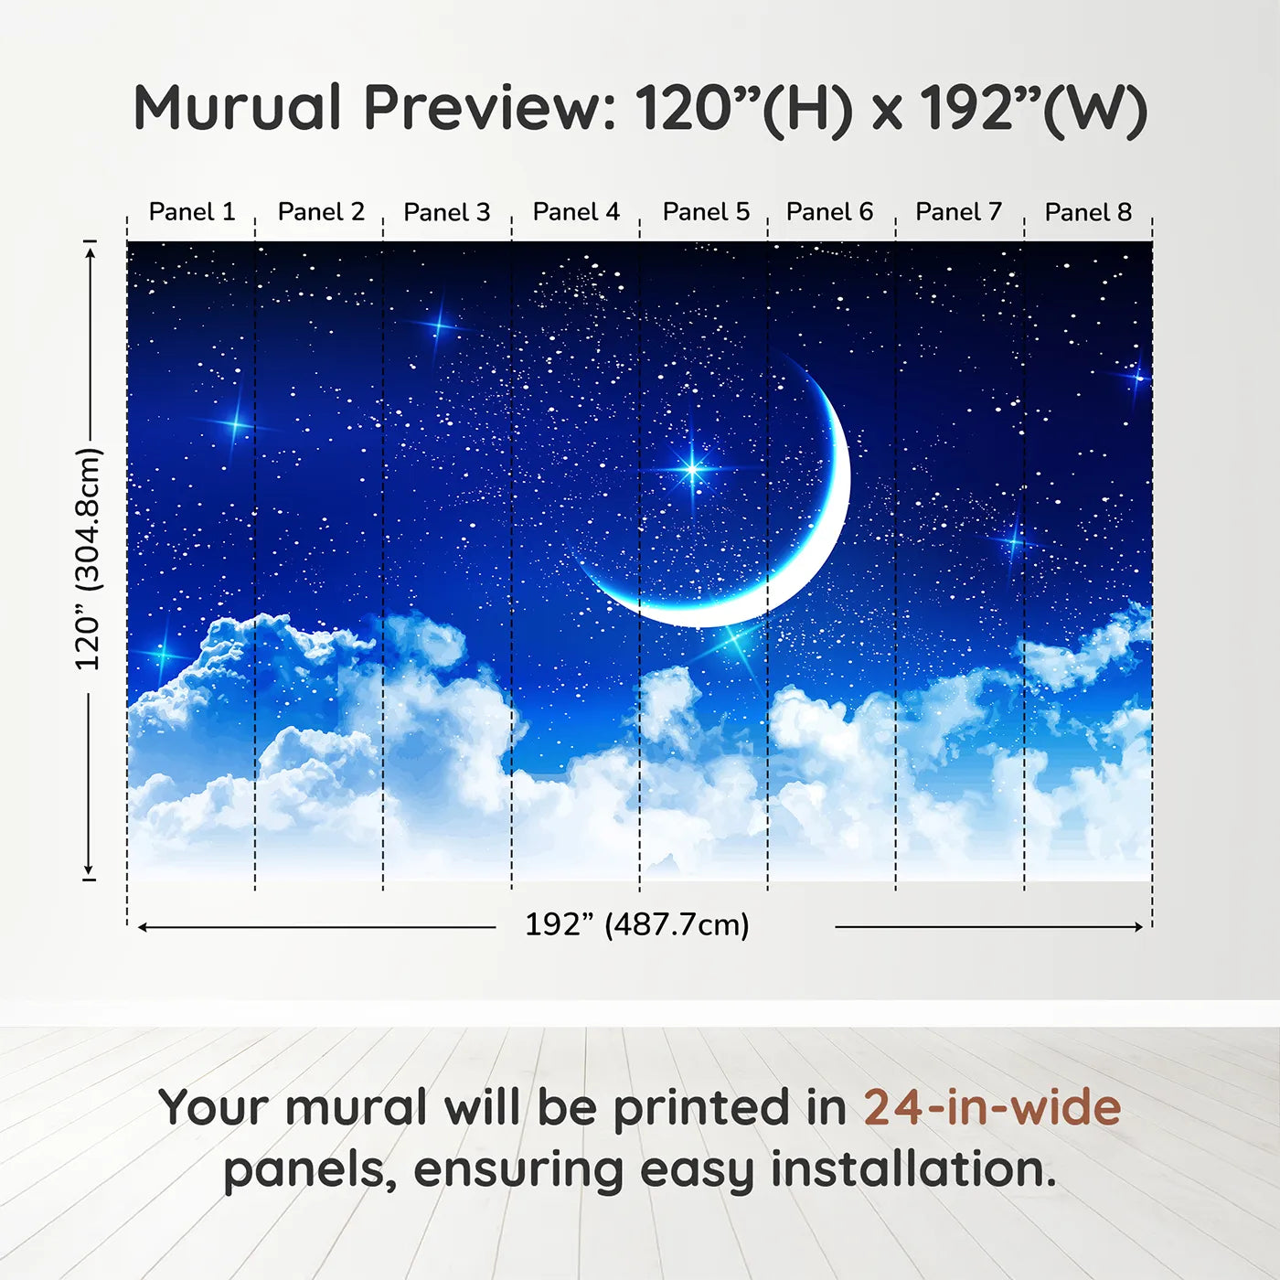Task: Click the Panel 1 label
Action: click(x=192, y=212)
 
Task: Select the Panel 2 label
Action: click(x=322, y=212)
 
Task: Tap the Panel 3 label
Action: click(x=447, y=212)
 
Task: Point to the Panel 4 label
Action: click(x=577, y=212)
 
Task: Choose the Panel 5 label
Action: click(x=706, y=212)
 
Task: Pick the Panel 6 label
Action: click(x=829, y=212)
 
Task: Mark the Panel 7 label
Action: click(x=958, y=212)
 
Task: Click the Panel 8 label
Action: click(x=1088, y=212)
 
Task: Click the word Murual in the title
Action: click(x=238, y=108)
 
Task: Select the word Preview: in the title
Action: click(x=490, y=108)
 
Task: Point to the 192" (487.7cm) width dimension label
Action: click(x=637, y=924)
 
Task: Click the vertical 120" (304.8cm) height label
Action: click(x=88, y=560)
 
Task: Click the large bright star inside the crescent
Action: click(x=691, y=470)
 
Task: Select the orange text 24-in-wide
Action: click(x=992, y=1107)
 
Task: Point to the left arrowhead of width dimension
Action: click(x=142, y=927)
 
